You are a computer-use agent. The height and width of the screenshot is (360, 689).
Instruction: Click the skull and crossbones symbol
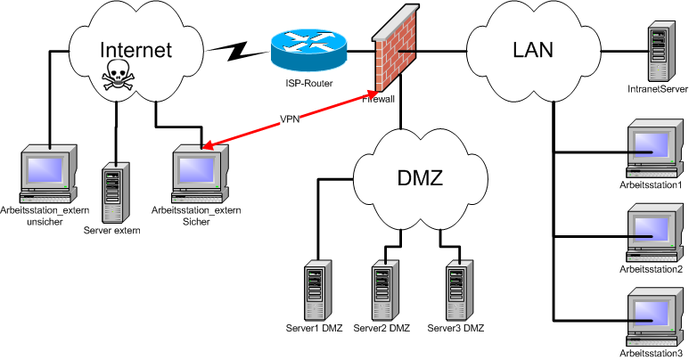[x=116, y=78]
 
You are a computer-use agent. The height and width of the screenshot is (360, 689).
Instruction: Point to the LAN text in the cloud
[x=533, y=49]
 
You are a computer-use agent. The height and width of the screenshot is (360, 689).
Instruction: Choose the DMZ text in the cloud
[x=421, y=177]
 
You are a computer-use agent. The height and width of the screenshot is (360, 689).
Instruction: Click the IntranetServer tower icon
[x=660, y=53]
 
